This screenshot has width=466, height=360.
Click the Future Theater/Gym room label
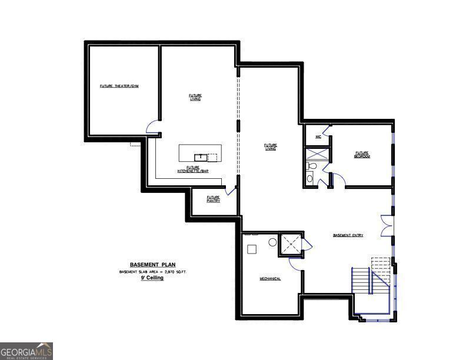point(119,86)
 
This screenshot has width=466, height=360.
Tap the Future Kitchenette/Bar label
point(193,169)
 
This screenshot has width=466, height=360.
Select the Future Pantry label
point(213,199)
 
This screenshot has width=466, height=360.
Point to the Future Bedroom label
point(361,155)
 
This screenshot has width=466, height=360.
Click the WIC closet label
point(318,136)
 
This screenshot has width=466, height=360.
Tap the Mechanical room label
point(271,279)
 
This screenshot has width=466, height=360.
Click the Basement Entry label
point(348,235)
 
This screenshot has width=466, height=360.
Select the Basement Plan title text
point(152,265)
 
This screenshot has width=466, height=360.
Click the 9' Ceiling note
point(152,278)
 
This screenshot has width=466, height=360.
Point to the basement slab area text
point(152,272)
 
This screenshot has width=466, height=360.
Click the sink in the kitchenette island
point(201,156)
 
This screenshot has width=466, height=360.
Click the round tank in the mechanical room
point(272,242)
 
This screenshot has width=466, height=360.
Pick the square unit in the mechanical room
point(252,249)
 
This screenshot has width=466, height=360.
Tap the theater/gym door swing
point(152,126)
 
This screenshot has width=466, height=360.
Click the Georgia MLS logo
point(26,351)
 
